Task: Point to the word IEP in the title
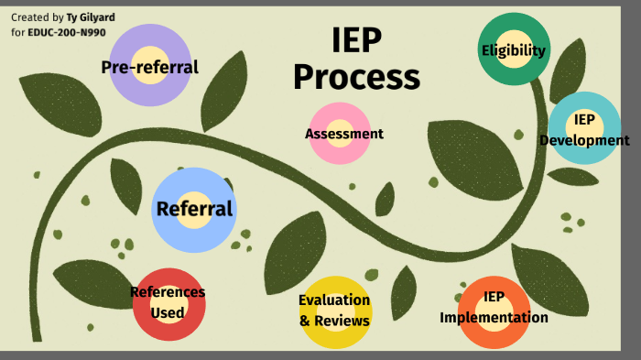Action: [x=356, y=40]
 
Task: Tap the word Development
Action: [x=584, y=140]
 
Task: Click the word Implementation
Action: [x=494, y=318]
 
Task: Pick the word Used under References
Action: [x=167, y=312]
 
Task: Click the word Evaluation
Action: [x=334, y=300]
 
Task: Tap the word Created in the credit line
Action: [x=30, y=17]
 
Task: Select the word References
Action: [x=167, y=293]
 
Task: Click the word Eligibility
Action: [x=513, y=50]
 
